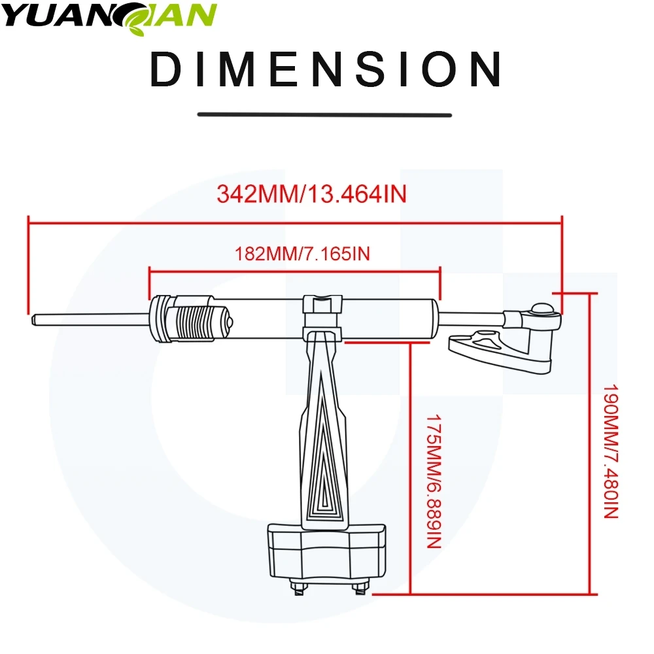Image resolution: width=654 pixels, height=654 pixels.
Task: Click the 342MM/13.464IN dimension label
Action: point(311,194)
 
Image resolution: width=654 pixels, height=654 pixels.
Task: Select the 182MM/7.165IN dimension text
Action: point(302,254)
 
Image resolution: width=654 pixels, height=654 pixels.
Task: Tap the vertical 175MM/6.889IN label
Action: point(434,481)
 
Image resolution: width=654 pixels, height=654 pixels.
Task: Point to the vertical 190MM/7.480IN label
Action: point(611,452)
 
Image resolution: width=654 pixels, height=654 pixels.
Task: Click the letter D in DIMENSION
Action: point(166,69)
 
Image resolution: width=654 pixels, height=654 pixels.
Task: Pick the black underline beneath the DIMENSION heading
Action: point(324,114)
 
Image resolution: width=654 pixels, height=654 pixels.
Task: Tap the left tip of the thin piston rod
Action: point(33,320)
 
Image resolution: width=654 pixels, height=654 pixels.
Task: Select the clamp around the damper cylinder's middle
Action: point(322,318)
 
